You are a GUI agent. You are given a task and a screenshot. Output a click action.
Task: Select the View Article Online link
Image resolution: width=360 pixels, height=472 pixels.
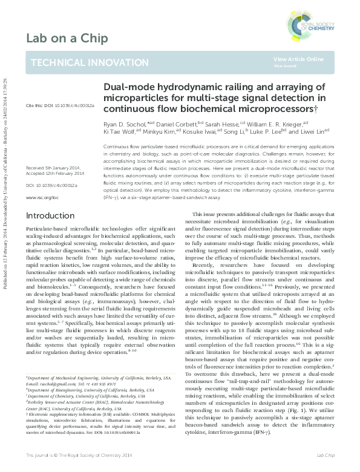298,58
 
